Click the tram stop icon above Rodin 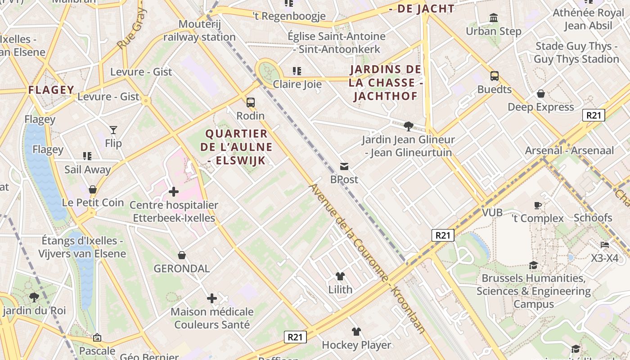tap(251, 102)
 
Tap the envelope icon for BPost tap(344, 166)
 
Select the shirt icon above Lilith tap(340, 276)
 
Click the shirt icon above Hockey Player tap(356, 332)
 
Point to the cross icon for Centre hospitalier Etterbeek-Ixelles tap(174, 192)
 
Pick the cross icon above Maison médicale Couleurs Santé tap(212, 298)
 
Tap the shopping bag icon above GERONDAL tap(182, 256)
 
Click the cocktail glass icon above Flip tap(113, 130)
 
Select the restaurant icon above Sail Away tap(87, 156)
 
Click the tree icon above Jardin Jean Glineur tap(409, 126)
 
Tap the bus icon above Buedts tap(495, 76)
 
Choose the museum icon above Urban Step tap(494, 18)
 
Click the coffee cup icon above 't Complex tap(538, 205)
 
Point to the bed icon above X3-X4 tap(605, 245)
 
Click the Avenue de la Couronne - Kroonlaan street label tap(367, 259)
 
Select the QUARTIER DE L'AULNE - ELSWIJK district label tap(237, 147)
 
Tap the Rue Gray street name tap(132, 29)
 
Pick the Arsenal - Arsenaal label tap(569, 150)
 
